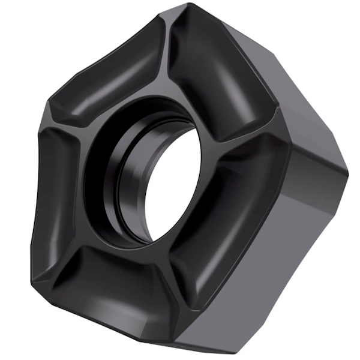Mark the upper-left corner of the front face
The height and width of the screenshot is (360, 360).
pos(45,111)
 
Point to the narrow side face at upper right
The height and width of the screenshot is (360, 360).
pos(312,126)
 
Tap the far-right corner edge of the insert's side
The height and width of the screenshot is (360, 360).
pos(347,174)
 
